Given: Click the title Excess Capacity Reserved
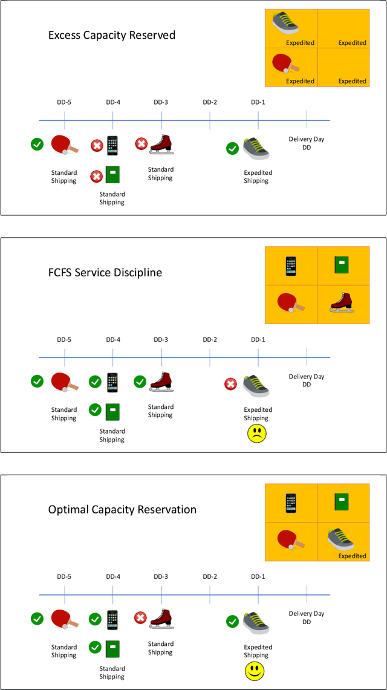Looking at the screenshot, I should [112, 35].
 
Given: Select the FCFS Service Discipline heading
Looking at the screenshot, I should [105, 272].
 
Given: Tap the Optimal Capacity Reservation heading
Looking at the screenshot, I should [122, 510].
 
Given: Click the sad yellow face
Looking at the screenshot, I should [256, 434].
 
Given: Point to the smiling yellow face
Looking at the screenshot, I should [255, 671].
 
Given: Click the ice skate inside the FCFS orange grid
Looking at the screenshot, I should [342, 302].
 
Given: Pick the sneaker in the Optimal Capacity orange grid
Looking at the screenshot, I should [340, 538].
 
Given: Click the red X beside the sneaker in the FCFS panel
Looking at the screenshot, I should [230, 384].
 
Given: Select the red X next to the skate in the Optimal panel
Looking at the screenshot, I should [140, 618].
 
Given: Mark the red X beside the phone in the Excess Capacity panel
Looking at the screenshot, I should [96, 146].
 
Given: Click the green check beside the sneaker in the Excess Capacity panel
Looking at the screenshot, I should [232, 148].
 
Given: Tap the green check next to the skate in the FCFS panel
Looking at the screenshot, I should [140, 382].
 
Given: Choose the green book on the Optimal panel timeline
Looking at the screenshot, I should [112, 648].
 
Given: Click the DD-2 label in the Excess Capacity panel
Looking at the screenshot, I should [210, 102].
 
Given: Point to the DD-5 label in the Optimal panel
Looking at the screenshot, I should [64, 576].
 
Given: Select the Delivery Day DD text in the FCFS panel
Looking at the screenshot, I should [307, 380].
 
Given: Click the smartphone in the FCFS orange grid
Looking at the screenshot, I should [291, 265].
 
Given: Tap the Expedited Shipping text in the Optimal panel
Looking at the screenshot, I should [258, 651].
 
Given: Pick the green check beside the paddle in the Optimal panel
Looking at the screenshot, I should [37, 619].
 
